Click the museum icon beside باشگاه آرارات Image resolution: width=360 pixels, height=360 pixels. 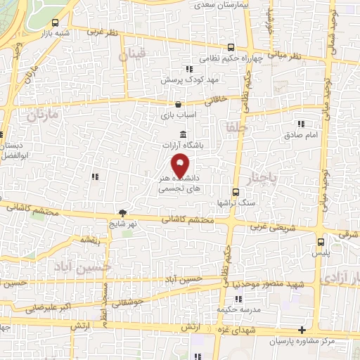(x=183, y=135)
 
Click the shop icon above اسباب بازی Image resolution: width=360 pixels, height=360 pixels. (x=177, y=104)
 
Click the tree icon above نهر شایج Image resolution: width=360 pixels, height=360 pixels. (x=122, y=213)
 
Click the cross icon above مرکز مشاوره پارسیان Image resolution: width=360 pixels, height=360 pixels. (x=302, y=330)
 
